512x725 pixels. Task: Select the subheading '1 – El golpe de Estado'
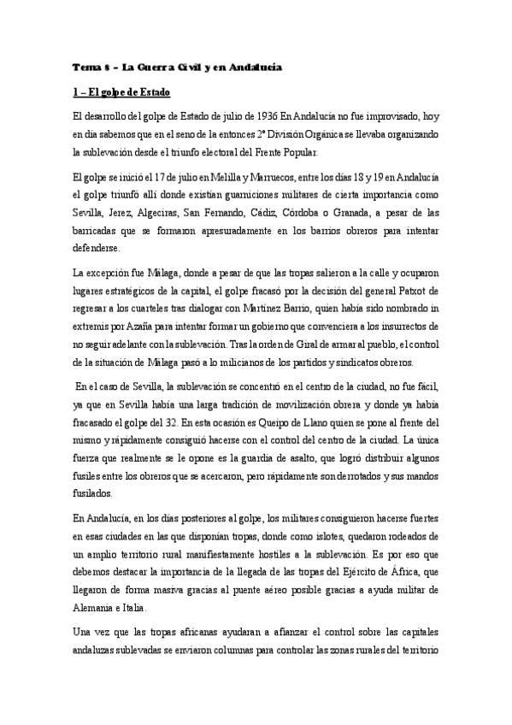pyautogui.click(x=122, y=91)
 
